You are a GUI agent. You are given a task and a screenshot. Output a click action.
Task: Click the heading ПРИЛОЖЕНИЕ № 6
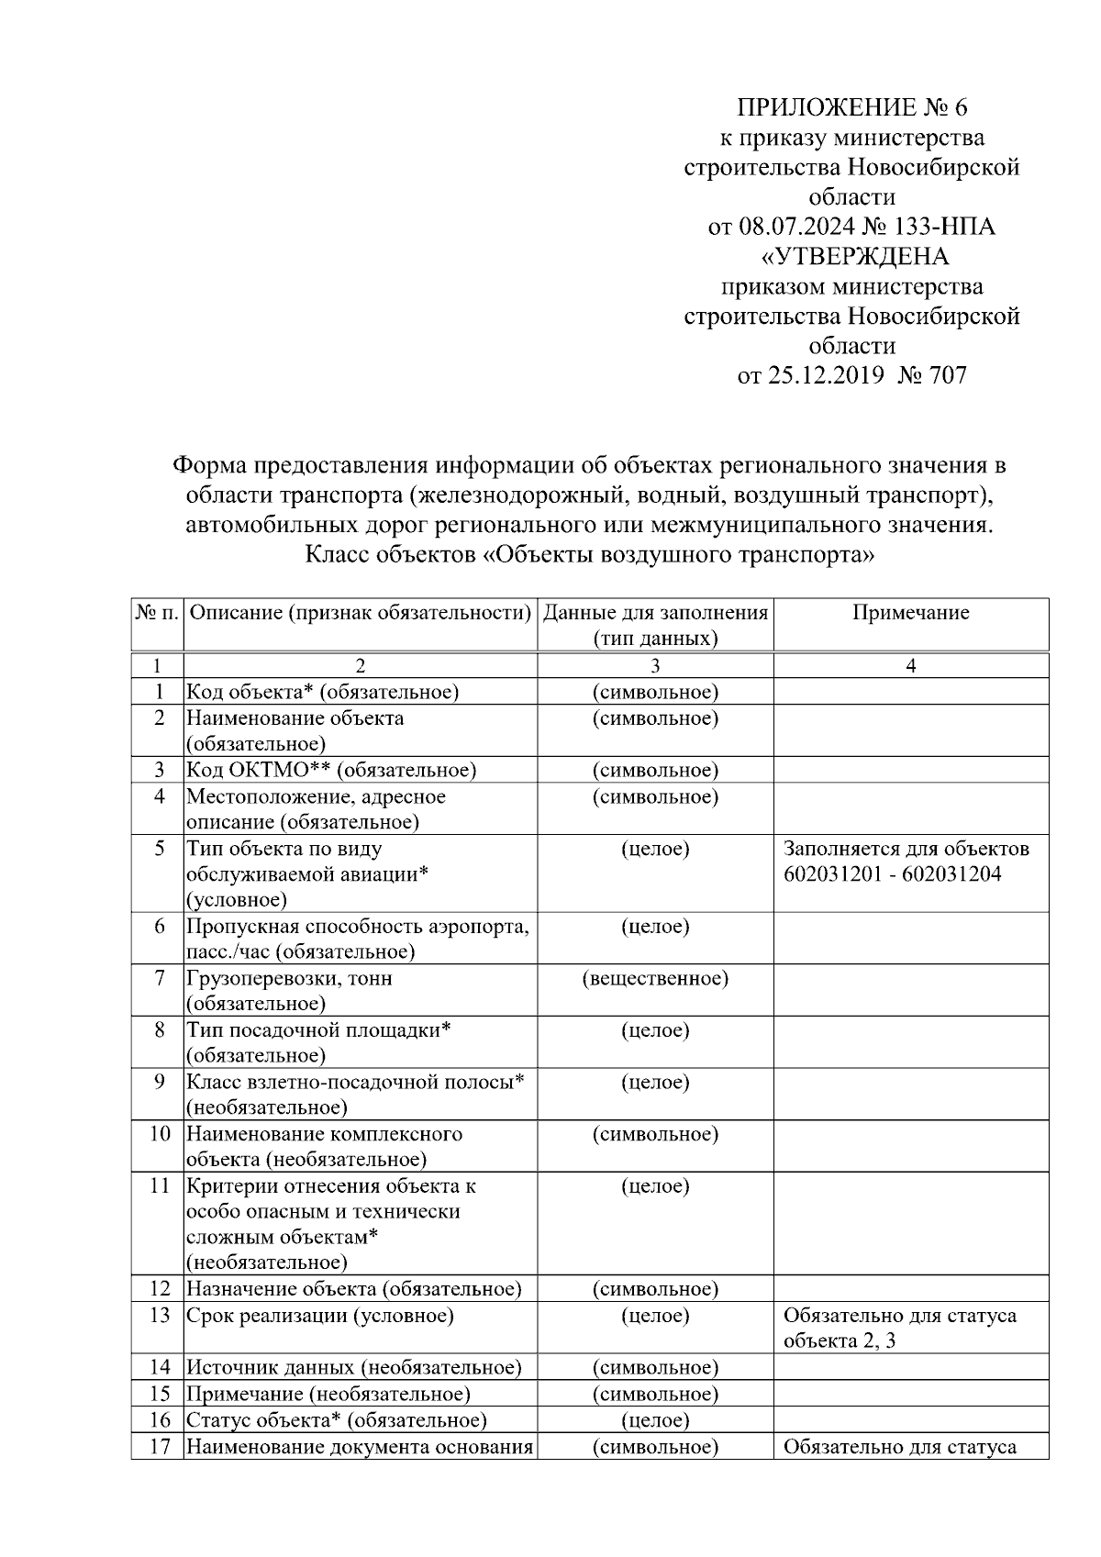pos(851,108)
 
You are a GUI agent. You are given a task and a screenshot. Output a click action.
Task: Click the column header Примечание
pos(910,613)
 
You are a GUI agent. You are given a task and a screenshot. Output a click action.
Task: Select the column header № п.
pos(157,613)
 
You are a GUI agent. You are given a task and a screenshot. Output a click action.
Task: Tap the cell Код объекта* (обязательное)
pos(323,692)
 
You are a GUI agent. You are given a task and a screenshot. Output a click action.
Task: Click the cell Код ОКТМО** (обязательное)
pos(331,770)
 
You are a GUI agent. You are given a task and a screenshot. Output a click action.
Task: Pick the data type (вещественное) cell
pos(655,979)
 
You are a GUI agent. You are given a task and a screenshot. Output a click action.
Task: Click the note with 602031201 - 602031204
pos(893,874)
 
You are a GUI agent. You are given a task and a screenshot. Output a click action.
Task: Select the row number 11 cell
pos(160,1186)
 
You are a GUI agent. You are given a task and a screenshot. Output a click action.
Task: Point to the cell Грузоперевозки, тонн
pos(290,979)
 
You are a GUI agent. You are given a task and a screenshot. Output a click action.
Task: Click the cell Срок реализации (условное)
pos(320,1316)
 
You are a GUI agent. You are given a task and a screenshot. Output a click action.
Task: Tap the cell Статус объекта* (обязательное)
pos(337,1420)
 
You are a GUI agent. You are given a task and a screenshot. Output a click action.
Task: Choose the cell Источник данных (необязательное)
pos(354,1368)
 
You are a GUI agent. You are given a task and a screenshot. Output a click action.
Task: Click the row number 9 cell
pos(160,1083)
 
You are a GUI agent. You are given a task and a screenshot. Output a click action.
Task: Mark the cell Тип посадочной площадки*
pos(319,1030)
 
